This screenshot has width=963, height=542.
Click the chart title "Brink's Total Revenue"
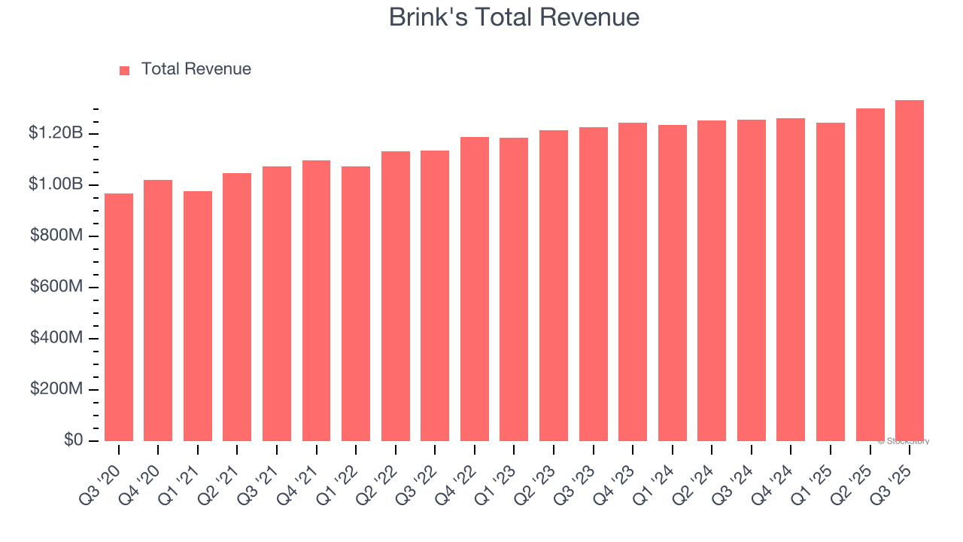coord(514,17)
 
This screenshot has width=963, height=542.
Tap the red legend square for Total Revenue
coord(125,70)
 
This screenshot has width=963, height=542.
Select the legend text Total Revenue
coord(196,69)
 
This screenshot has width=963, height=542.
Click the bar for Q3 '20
coord(119,317)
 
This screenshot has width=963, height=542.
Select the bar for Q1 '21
coord(198,316)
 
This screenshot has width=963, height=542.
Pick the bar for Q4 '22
coord(475,289)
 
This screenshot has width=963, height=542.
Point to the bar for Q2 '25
coord(870,275)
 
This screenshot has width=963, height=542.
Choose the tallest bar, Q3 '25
coord(910,271)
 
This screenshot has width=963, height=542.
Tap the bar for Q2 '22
coord(396,296)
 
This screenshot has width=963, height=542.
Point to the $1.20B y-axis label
coord(56,133)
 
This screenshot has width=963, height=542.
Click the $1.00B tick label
coord(56,184)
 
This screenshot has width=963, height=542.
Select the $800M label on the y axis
coord(56,236)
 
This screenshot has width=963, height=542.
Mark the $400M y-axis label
coord(56,338)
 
